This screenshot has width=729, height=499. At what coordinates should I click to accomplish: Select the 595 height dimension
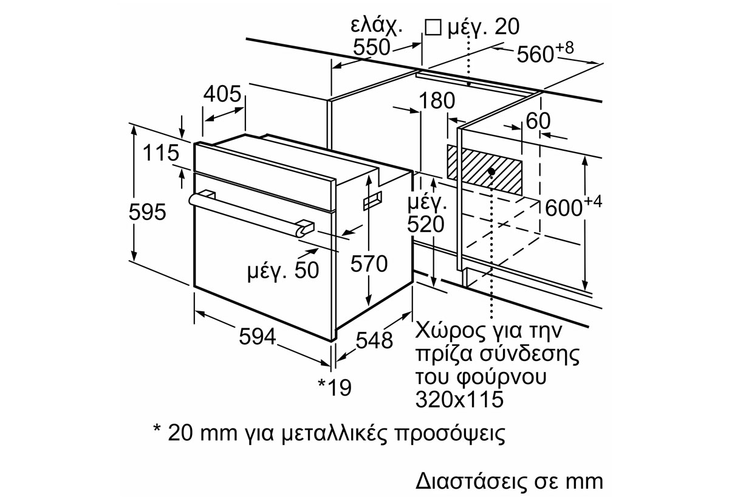[148, 212]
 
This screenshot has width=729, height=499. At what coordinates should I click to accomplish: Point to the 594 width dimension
[256, 336]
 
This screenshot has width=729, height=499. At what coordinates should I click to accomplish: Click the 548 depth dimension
[372, 340]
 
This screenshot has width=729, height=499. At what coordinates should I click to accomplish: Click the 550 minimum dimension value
[371, 47]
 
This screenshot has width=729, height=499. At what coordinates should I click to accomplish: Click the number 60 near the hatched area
[538, 121]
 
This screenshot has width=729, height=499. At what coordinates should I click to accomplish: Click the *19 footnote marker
[335, 387]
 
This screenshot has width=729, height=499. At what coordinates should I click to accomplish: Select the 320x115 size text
[460, 399]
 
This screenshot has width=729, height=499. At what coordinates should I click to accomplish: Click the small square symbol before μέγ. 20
[433, 27]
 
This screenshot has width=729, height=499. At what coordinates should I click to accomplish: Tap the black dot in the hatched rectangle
[491, 172]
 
